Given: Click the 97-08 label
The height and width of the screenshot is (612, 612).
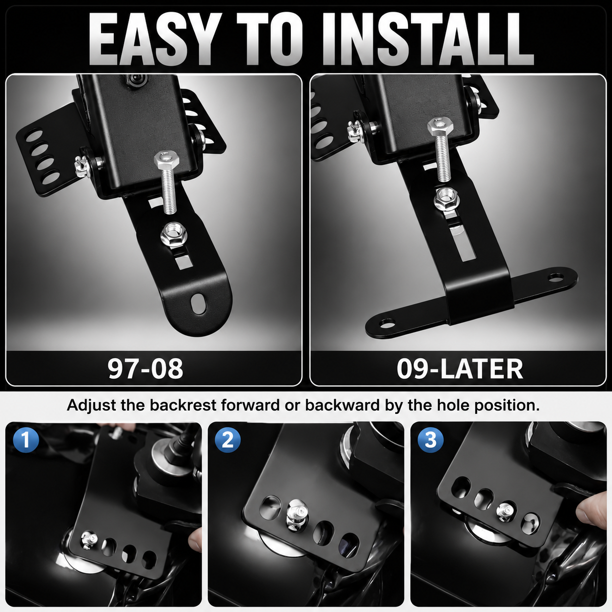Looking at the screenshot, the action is (x=145, y=368).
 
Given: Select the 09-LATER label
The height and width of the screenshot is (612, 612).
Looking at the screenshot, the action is (x=460, y=368).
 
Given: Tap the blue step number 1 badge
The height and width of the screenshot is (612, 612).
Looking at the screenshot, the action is (x=26, y=440).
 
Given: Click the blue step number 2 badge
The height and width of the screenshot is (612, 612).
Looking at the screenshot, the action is (x=228, y=440).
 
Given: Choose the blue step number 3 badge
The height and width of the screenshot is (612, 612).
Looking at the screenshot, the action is (x=430, y=440).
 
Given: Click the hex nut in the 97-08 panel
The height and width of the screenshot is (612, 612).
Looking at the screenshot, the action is (x=174, y=235).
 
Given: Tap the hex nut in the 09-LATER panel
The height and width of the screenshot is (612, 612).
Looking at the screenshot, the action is (x=446, y=199).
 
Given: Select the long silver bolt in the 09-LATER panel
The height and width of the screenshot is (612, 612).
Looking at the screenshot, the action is (x=441, y=150).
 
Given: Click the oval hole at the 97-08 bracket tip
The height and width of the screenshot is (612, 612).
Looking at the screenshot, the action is (x=199, y=304).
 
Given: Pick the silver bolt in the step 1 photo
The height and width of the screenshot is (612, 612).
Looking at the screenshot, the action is (x=89, y=540).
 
